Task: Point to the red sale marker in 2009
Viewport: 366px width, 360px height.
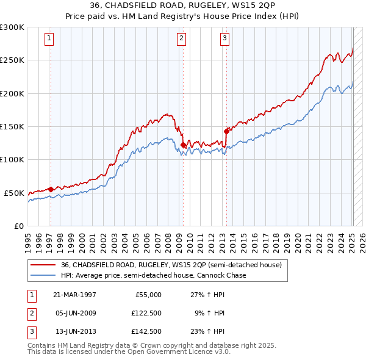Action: (183, 145)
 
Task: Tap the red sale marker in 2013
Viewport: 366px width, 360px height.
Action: (226, 131)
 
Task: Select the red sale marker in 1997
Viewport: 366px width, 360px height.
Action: (51, 189)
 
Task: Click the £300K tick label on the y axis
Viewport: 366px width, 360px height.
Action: (12, 27)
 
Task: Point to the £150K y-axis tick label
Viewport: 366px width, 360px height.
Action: (12, 126)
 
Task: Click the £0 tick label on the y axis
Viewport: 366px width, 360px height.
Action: (18, 226)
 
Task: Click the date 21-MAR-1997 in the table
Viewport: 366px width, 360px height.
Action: (74, 295)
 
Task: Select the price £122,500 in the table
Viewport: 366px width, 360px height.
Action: (148, 313)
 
